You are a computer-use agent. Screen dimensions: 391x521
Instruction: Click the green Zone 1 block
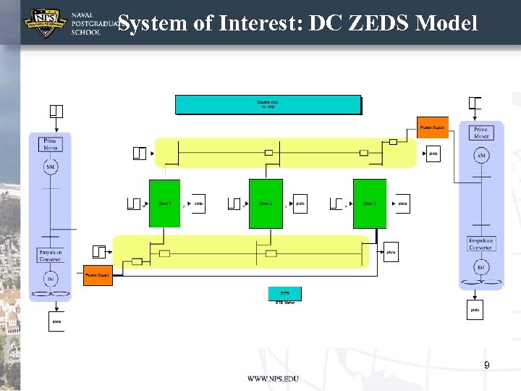tap(164, 203)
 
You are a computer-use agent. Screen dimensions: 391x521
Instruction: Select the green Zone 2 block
tap(266, 203)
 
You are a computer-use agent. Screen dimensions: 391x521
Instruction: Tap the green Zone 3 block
tap(369, 203)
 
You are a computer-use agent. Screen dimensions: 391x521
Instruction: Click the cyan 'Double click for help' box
tap(268, 105)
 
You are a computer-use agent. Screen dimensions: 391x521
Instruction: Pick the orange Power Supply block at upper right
tap(433, 127)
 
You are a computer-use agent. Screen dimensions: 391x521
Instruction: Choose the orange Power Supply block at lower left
tap(98, 275)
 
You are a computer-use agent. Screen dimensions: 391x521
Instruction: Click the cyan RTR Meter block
tap(284, 293)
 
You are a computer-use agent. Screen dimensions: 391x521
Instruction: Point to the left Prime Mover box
tap(50, 144)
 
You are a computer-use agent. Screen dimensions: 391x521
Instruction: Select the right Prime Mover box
tap(481, 133)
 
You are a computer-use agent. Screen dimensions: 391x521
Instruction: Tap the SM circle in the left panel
tap(50, 168)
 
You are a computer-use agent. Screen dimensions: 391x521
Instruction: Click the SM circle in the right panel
tap(481, 156)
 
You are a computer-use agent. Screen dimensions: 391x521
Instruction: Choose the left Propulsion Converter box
tap(50, 255)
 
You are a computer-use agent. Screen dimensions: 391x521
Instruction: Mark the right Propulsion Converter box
tap(481, 244)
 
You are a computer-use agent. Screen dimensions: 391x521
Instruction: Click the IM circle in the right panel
tap(481, 268)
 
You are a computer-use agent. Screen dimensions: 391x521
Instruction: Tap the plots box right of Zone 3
tap(402, 203)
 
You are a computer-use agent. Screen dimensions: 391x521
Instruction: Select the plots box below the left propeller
tap(56, 321)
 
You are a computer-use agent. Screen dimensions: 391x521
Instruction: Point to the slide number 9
tap(487, 366)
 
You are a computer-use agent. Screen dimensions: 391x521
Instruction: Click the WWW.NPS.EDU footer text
tap(273, 379)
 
